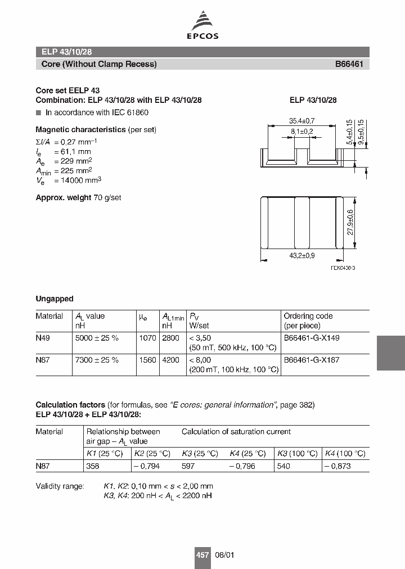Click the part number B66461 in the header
[x=349, y=64]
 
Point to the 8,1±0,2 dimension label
[x=301, y=131]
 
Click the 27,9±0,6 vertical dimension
[x=350, y=222]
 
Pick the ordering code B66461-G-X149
[x=311, y=338]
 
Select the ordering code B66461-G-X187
[x=311, y=360]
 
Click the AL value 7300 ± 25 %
[x=96, y=360]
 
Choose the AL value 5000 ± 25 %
[x=96, y=338]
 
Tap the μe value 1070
[x=147, y=338]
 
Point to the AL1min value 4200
[x=170, y=360]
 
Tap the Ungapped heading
[x=55, y=299]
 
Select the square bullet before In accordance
[x=38, y=112]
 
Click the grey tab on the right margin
[x=390, y=353]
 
